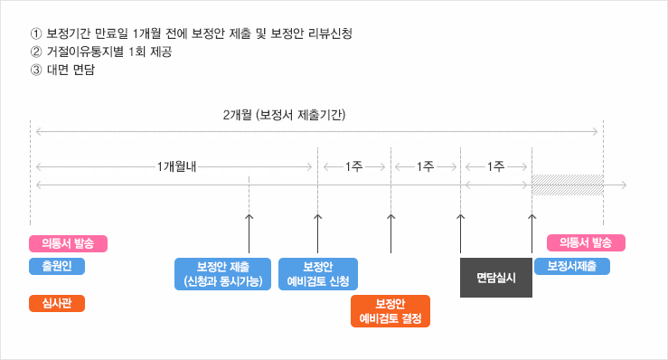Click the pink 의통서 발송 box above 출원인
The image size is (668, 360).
point(69,243)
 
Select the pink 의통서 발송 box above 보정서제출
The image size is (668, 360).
point(586,242)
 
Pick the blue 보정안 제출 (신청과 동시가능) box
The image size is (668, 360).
point(222,274)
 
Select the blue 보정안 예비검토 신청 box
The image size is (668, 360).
point(317,274)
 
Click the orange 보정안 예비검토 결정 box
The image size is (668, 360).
point(390,310)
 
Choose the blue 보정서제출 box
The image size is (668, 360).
point(571,267)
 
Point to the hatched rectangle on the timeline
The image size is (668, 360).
point(567,185)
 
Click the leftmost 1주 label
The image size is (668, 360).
point(353,167)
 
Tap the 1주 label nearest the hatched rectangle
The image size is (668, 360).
point(495,167)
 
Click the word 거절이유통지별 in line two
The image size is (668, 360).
point(81,52)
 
